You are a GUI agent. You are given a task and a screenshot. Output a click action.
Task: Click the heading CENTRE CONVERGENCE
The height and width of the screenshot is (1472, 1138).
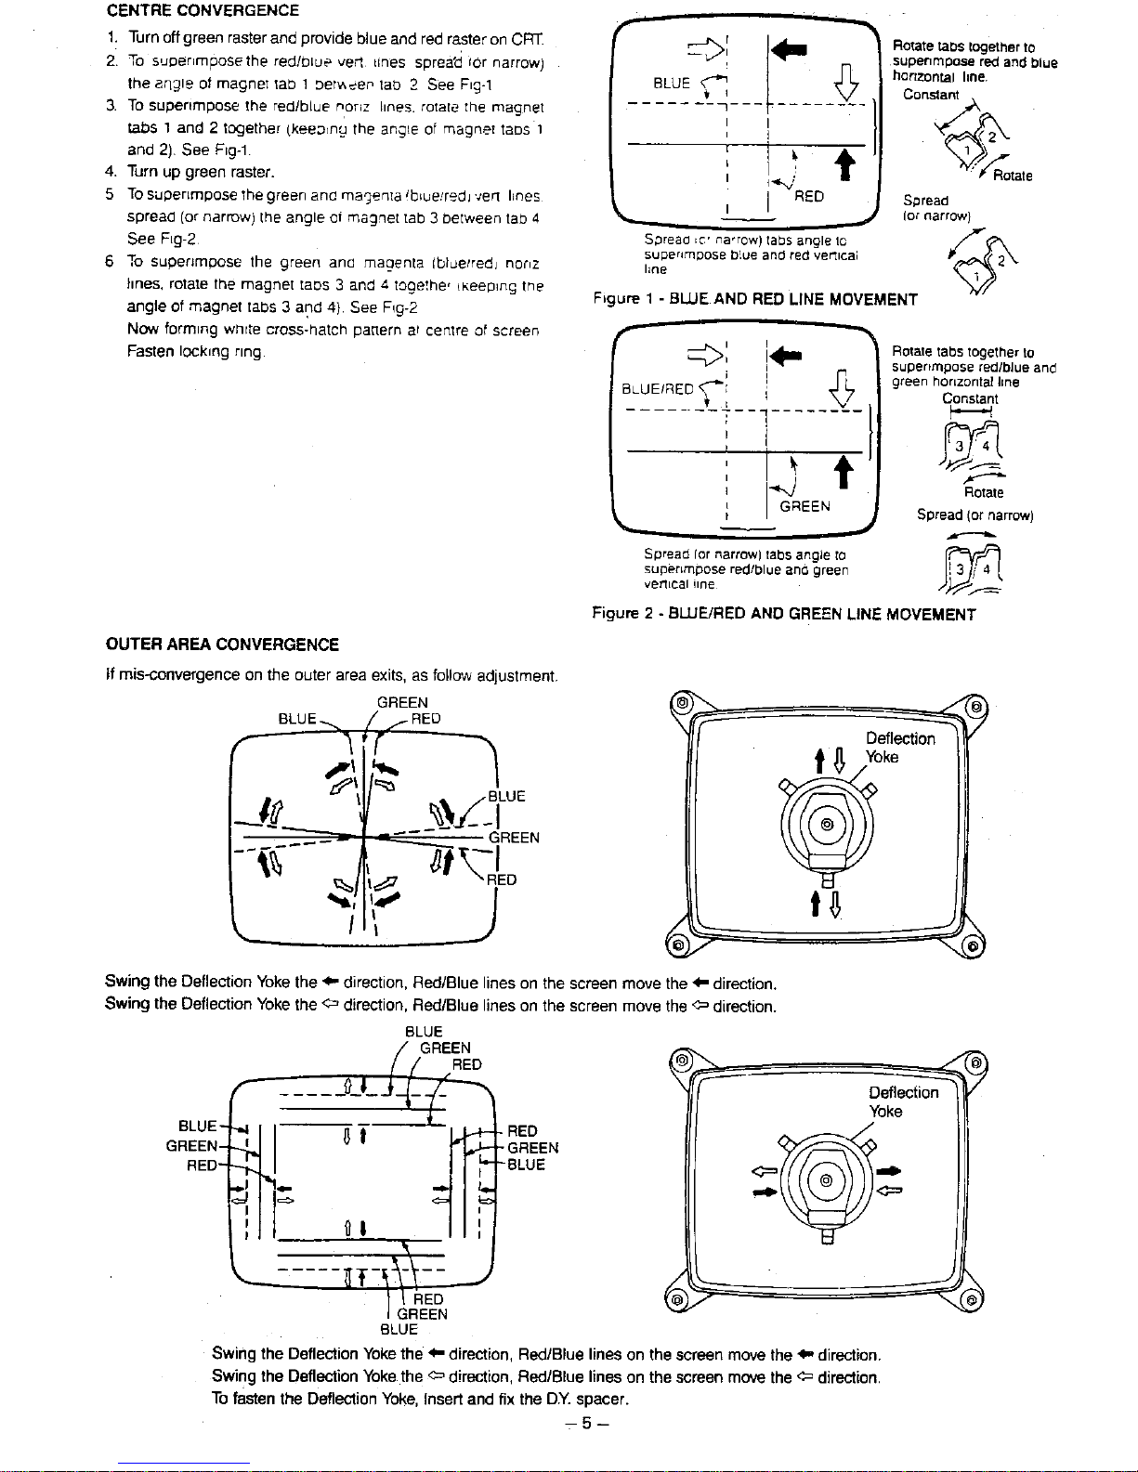point(203,11)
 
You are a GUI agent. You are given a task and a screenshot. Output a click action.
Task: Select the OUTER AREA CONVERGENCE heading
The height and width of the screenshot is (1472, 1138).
point(223,645)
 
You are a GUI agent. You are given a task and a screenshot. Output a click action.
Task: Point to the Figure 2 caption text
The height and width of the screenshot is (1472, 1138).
point(784,614)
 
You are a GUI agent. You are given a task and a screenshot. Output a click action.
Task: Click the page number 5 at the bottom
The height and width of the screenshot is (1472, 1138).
point(587,1422)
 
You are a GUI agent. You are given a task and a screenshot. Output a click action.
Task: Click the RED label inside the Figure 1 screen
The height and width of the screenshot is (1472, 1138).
point(810,196)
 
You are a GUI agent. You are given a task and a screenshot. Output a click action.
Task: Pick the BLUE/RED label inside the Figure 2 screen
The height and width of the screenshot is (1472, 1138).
point(657,389)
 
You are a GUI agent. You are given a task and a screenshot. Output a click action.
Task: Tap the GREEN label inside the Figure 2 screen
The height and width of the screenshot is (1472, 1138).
point(804,506)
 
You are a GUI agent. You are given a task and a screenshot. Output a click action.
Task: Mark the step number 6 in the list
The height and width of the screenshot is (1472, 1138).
point(110,262)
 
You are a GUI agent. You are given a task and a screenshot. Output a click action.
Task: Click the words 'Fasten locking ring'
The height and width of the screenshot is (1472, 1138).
point(196,353)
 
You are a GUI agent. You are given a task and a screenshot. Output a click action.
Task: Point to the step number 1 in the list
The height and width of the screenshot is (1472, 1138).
point(110,38)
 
